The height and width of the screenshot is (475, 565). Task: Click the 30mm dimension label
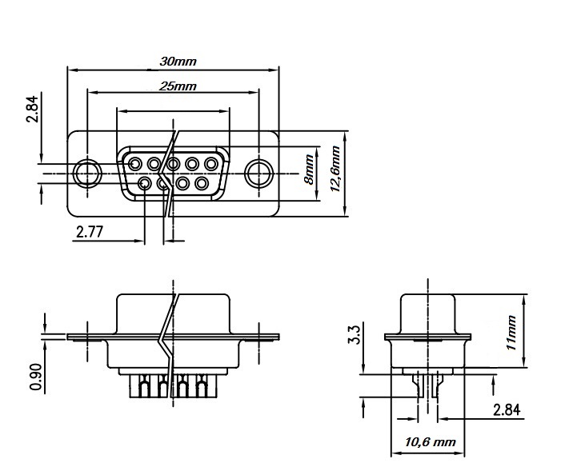[x=178, y=61]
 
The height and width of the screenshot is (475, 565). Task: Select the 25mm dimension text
[x=178, y=86]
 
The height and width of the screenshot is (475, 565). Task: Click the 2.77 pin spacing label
[x=90, y=233]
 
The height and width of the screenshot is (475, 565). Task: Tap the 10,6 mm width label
[x=430, y=441]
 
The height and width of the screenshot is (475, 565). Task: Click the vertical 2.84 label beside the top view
[x=32, y=109]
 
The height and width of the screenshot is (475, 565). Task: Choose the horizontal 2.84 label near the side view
[x=507, y=410]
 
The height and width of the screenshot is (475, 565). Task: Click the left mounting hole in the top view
[x=86, y=174]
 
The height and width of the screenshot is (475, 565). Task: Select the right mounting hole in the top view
[x=258, y=174]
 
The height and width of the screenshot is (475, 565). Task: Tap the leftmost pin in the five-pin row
[x=135, y=165]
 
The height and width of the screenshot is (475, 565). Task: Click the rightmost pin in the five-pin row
[x=211, y=165]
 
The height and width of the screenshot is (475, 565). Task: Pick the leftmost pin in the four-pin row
[x=145, y=184]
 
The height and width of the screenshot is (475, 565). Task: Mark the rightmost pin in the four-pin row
[x=202, y=184]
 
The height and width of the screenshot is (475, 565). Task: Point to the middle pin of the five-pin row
[x=173, y=165]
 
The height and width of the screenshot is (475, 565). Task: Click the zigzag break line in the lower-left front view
[x=169, y=336]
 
